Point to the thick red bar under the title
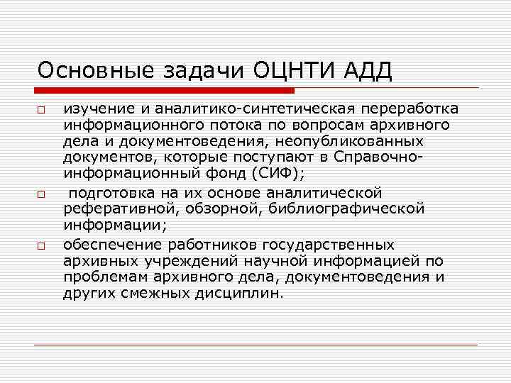164,91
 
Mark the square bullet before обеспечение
42,246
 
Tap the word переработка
410,109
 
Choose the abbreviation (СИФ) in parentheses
266,172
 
